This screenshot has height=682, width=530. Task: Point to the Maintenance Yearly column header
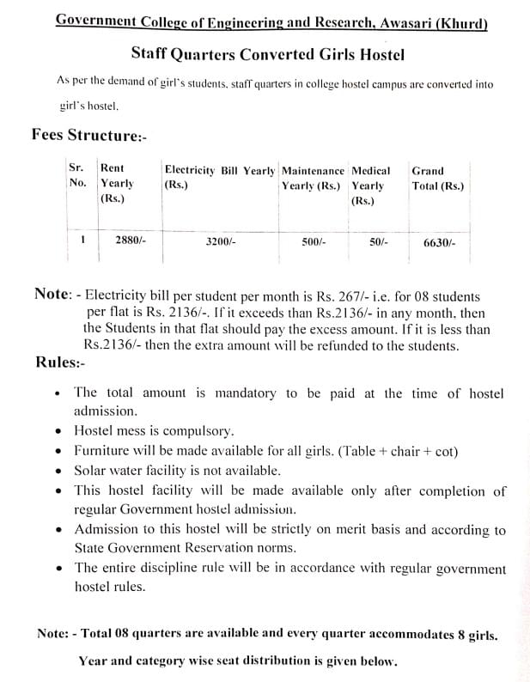313,178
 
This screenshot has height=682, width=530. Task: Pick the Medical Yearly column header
370,184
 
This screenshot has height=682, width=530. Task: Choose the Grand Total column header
437,178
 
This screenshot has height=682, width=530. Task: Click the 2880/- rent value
131,241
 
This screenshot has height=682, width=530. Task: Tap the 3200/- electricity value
221,242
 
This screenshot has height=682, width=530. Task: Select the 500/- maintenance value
314,242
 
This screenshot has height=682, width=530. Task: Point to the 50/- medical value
378,242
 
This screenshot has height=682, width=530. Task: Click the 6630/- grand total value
440,243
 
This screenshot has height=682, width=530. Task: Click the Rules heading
60,362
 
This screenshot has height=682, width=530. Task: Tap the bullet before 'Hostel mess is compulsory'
57,432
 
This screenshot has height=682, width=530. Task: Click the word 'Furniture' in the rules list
101,451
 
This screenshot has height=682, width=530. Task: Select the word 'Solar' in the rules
90,471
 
